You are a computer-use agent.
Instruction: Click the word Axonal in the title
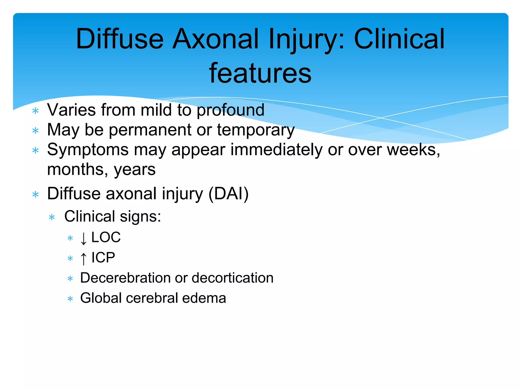[x=215, y=39]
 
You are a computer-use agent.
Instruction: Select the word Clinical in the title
[x=399, y=39]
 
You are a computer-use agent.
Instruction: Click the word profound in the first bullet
[x=230, y=110]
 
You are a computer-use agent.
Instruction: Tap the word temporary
[x=256, y=130]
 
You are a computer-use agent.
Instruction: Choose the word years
[x=135, y=170]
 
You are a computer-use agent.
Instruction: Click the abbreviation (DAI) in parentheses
[x=228, y=194]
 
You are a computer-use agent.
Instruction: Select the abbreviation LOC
[x=106, y=237]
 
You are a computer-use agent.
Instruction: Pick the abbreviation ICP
[x=103, y=257]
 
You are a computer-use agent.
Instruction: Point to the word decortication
[x=233, y=278]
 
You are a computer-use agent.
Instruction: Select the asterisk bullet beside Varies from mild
[x=36, y=111]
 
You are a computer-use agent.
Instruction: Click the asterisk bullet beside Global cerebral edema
[x=70, y=299]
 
